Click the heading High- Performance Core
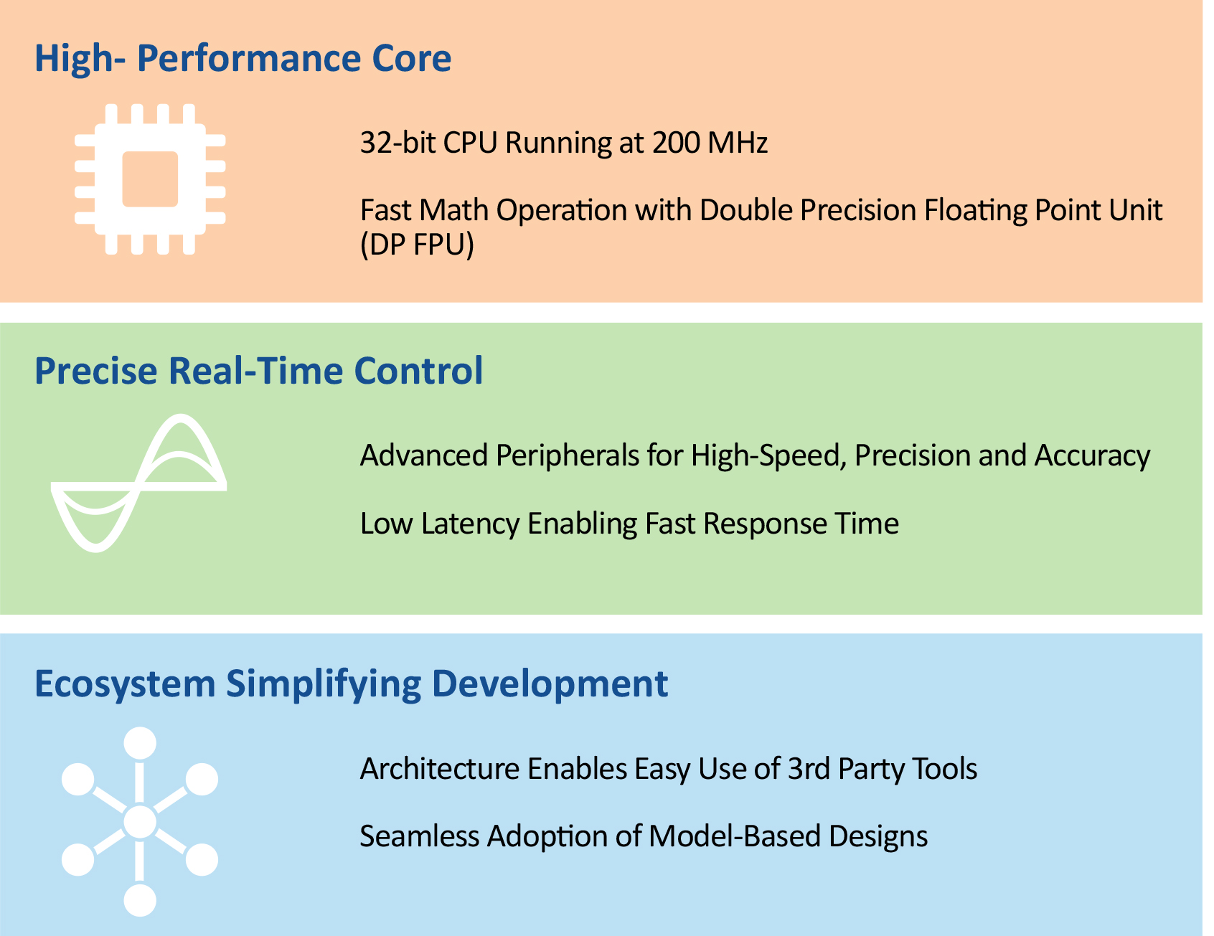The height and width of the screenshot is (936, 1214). click(243, 58)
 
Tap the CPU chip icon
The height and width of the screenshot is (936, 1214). click(150, 179)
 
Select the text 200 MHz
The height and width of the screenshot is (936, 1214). click(710, 142)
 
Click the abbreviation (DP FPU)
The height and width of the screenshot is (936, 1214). click(417, 245)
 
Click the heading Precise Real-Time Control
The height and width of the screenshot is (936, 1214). click(259, 371)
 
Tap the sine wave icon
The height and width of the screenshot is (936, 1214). click(139, 483)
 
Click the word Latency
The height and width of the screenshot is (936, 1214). click(470, 524)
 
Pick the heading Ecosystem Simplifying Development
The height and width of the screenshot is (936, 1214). click(352, 684)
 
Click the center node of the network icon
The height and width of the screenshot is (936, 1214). click(140, 822)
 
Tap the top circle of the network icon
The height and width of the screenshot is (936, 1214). click(140, 743)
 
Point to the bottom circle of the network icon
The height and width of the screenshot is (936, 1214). click(140, 900)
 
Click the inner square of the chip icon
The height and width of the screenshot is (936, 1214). click(150, 179)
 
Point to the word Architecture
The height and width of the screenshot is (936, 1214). click(440, 769)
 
